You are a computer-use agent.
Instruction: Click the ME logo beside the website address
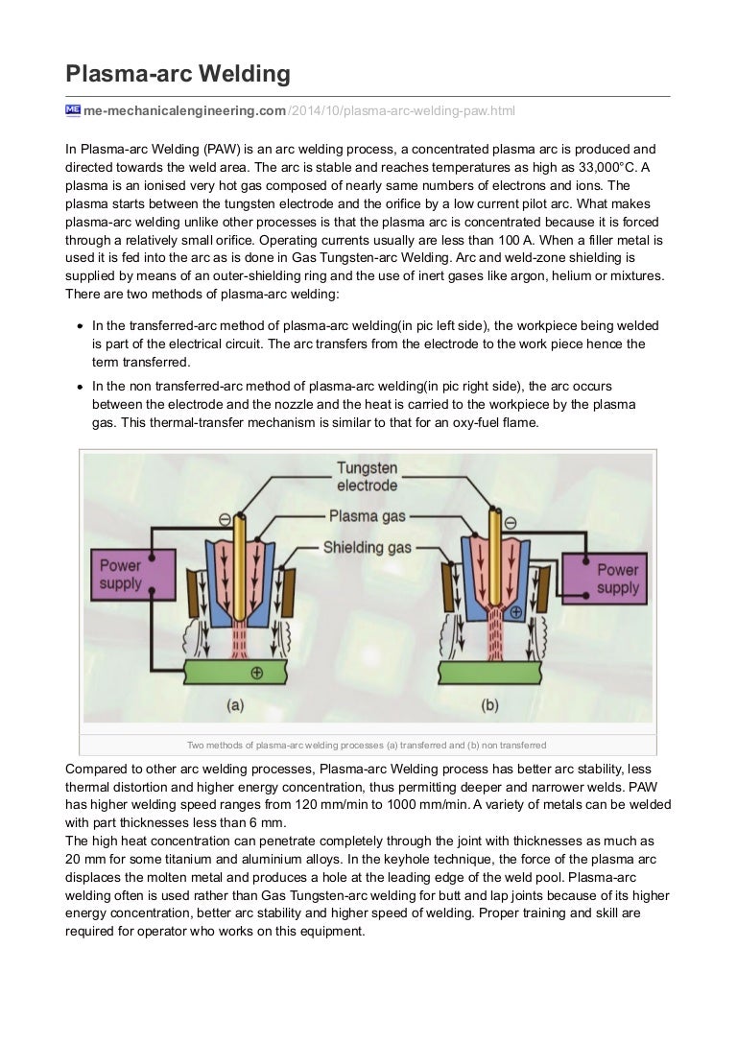73,110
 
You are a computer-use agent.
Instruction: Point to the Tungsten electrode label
367,476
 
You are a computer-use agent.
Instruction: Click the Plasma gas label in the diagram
368,516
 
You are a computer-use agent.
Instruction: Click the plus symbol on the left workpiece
256,673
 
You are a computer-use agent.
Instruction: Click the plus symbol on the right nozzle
516,610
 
